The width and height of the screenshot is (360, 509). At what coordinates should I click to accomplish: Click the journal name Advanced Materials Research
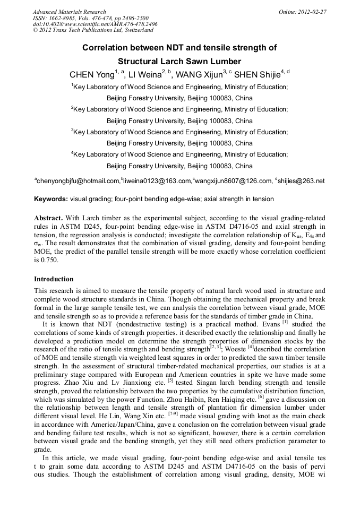coord(69,12)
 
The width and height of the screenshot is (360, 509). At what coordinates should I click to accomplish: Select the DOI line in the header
coord(95,24)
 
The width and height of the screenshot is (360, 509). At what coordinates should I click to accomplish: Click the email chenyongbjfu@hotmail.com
coord(78,181)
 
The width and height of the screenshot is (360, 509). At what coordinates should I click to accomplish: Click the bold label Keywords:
coord(51,200)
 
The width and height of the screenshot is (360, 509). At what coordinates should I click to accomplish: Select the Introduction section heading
coord(54,279)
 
